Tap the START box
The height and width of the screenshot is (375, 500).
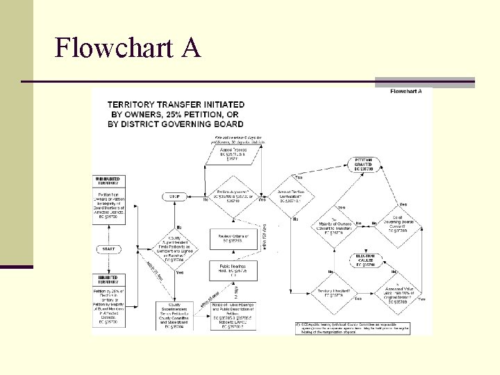(108, 249)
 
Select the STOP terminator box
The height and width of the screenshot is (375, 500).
(175, 197)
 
